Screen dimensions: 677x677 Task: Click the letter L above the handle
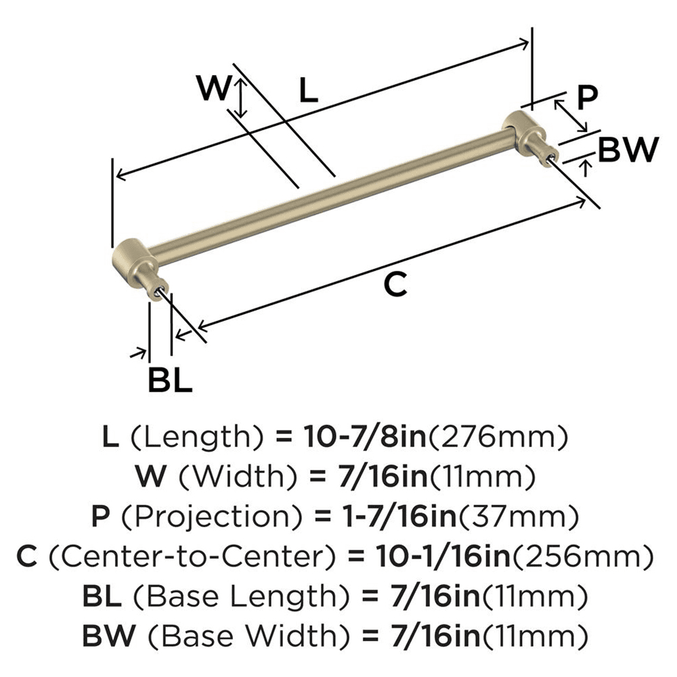click(x=307, y=90)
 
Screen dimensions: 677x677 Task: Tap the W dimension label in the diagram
click(x=213, y=89)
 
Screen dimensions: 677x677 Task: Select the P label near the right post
click(x=587, y=97)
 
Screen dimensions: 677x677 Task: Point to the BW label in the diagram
click(x=630, y=150)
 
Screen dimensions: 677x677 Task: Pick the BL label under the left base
click(x=170, y=380)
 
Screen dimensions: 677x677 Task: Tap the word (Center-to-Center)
click(x=193, y=558)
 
